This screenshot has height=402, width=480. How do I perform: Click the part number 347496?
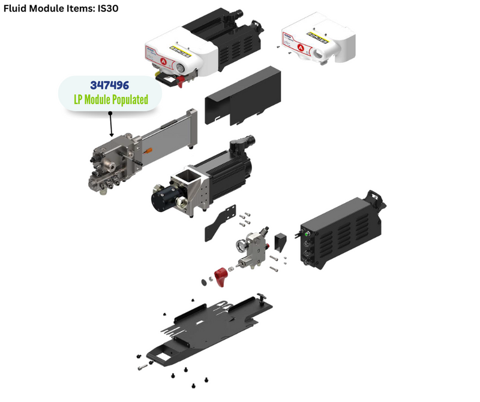click(x=110, y=85)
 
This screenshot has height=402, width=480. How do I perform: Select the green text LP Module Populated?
click(x=111, y=99)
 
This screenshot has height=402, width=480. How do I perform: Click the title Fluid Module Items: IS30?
click(x=61, y=8)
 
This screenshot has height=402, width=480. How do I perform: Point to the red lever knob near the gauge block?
click(x=221, y=277)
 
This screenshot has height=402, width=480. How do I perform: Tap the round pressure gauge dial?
click(x=242, y=246)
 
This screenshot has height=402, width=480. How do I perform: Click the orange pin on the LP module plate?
click(x=148, y=150)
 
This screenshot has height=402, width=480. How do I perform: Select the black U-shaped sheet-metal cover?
click(x=242, y=96)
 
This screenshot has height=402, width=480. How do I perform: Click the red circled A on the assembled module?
click(x=163, y=62)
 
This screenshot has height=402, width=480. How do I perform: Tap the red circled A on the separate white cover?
click(x=301, y=48)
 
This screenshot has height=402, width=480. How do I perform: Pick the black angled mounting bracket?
click(x=220, y=223)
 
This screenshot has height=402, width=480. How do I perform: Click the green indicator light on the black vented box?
click(x=305, y=234)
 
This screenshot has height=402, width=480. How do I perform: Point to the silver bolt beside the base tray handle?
click(x=142, y=367)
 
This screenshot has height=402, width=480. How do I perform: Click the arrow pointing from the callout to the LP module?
click(x=111, y=125)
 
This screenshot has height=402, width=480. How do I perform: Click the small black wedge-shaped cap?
click(x=280, y=242)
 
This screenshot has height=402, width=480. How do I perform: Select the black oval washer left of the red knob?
click(x=204, y=282)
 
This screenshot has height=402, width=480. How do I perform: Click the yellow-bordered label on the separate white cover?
click(x=317, y=38)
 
